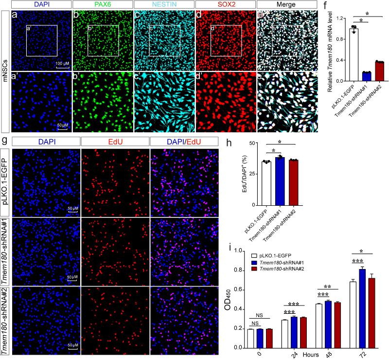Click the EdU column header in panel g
(115, 141)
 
